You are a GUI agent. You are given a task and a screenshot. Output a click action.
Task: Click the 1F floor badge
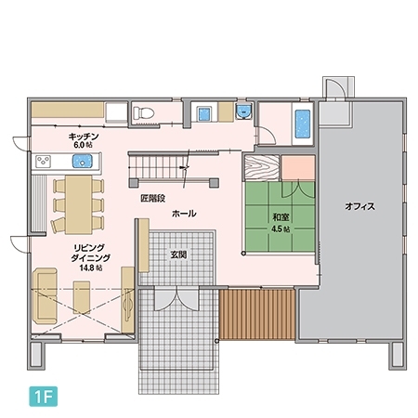point(44,396)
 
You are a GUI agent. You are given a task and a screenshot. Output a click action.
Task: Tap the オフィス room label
point(359,206)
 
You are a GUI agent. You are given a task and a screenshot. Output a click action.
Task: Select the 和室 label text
point(281,217)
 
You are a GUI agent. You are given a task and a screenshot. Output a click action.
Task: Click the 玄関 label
point(178,255)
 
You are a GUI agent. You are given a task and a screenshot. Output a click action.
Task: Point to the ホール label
point(184,214)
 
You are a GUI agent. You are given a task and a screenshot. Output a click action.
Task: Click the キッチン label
point(84,137)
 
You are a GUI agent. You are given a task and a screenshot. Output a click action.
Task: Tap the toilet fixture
point(143,112)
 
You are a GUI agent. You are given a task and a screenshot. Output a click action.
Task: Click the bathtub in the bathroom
point(303,124)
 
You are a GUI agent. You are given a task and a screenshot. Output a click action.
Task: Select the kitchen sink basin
point(83,162)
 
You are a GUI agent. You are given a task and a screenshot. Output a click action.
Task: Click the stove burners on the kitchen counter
point(44,162)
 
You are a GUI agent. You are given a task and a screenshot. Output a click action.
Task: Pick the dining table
point(79,204)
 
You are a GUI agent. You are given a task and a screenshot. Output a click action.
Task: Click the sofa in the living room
point(45,296)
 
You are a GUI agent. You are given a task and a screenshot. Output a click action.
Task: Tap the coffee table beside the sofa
point(82,297)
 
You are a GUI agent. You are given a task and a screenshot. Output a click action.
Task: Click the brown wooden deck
point(256,315)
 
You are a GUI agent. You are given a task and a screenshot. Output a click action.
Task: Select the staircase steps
point(158,167)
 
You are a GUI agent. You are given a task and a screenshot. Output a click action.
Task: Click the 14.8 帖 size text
point(91,268)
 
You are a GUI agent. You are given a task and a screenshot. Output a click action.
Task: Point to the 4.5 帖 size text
point(281,229)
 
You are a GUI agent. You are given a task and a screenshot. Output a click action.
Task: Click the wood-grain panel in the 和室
point(262,167)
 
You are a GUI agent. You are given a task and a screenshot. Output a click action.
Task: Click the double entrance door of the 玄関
point(176,299)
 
